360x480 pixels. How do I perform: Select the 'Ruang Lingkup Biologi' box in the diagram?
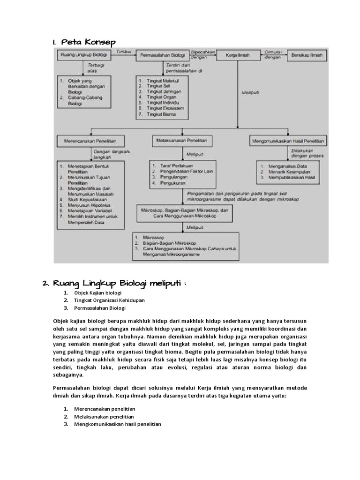click(84, 56)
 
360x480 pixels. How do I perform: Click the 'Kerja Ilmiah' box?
click(237, 56)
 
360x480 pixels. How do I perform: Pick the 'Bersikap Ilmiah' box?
click(307, 56)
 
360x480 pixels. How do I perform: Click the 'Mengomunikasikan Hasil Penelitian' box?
click(289, 140)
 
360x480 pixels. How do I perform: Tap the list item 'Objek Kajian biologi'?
click(97, 293)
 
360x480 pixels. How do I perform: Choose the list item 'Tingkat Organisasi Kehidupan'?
click(108, 300)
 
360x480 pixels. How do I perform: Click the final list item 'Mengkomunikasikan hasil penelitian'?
click(117, 424)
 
